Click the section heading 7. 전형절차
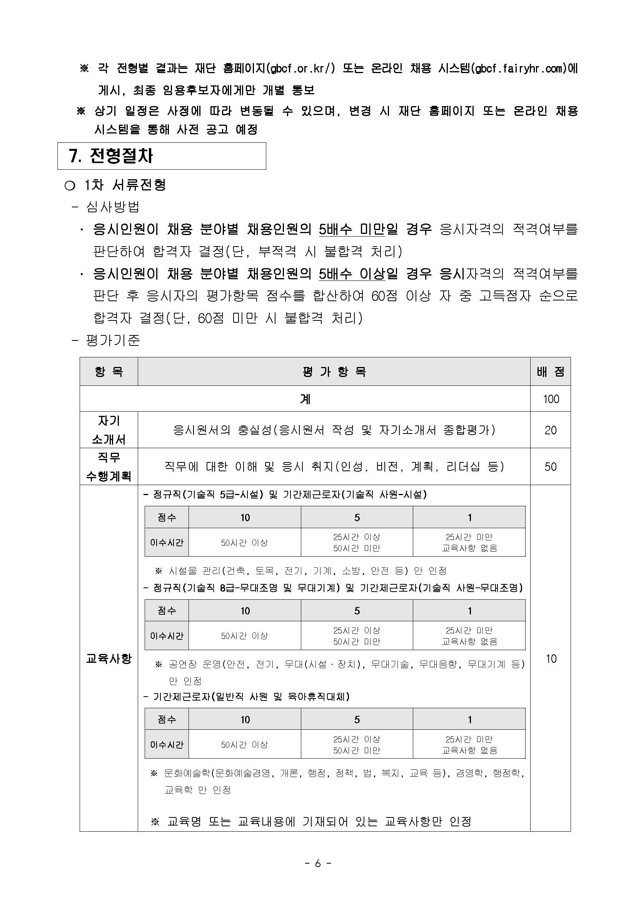click(x=111, y=156)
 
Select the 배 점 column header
click(x=550, y=371)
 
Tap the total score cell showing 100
click(x=551, y=399)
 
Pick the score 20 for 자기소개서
click(x=550, y=430)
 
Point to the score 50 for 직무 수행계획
click(x=550, y=466)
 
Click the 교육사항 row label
click(x=109, y=658)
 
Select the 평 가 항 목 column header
click(x=334, y=371)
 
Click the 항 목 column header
click(x=109, y=371)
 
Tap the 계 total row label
click(x=305, y=399)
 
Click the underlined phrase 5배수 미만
click(x=352, y=229)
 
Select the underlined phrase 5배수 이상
click(x=352, y=273)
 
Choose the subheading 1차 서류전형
click(x=125, y=185)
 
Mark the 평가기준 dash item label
click(x=113, y=340)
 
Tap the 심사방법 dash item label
click(x=113, y=207)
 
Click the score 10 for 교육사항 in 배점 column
click(x=551, y=658)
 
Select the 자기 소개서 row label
click(x=109, y=430)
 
